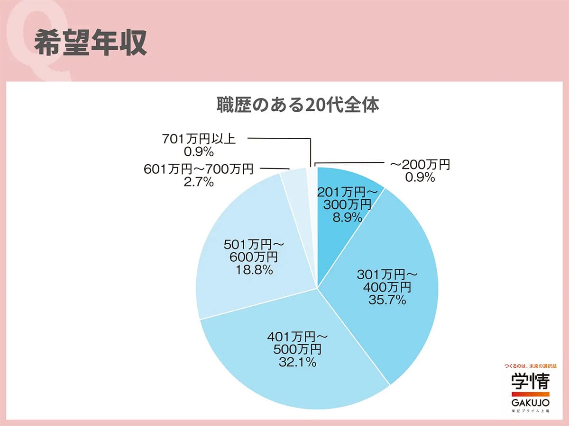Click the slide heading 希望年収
[x=90, y=44]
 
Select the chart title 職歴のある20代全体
[x=298, y=105]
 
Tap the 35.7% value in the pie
[x=387, y=300]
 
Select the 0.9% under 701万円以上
[x=198, y=151]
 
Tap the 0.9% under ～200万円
[x=420, y=177]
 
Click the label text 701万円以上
[x=199, y=139]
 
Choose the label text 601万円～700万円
[x=199, y=169]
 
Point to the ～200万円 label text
[x=420, y=165]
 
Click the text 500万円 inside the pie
[x=297, y=350]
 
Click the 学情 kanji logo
[x=530, y=381]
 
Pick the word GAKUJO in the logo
[x=530, y=402]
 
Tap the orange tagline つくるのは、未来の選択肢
[x=530, y=366]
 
